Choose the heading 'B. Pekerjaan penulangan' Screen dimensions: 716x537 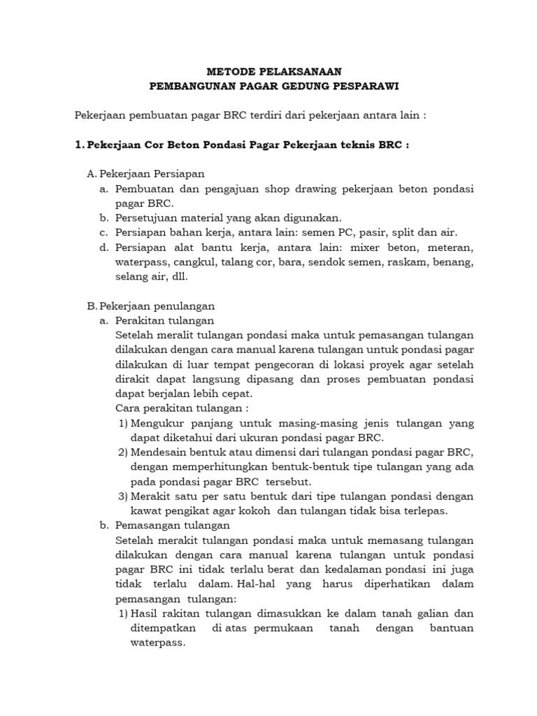pyautogui.click(x=150, y=306)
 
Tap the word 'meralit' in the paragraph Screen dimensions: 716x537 pyautogui.click(x=171, y=336)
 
